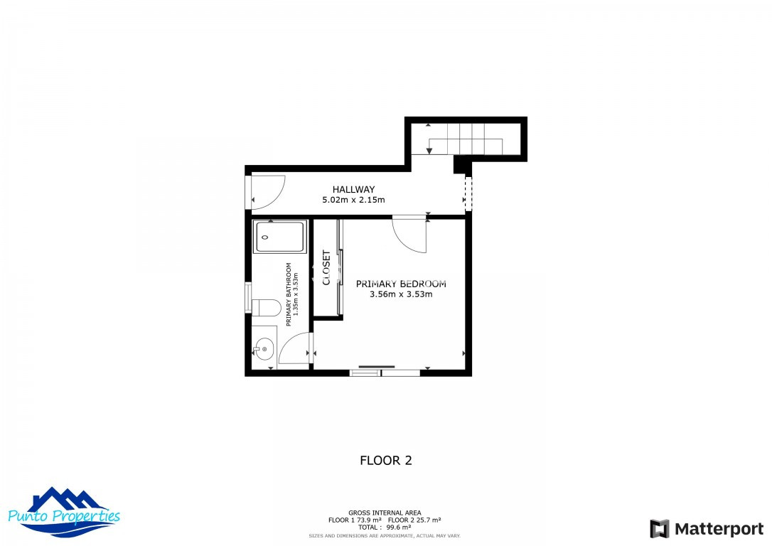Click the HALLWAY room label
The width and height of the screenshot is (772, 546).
click(x=353, y=189)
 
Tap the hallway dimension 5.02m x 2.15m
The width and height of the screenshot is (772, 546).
click(x=353, y=200)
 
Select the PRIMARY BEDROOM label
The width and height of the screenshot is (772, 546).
click(x=401, y=284)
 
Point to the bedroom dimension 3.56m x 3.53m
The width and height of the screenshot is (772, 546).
click(x=401, y=294)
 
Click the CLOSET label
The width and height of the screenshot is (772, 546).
click(x=327, y=268)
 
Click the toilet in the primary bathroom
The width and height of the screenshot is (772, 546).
click(x=264, y=308)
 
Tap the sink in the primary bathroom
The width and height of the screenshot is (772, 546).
click(x=264, y=349)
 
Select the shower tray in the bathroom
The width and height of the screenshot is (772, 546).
click(x=280, y=237)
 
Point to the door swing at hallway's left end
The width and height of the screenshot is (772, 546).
click(x=267, y=192)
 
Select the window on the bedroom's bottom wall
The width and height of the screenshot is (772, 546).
click(x=385, y=372)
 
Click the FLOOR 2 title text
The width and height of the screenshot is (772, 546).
click(x=386, y=461)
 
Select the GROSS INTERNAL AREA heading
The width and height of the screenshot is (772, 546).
click(x=385, y=513)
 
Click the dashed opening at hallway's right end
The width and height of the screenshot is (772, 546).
click(x=468, y=193)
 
